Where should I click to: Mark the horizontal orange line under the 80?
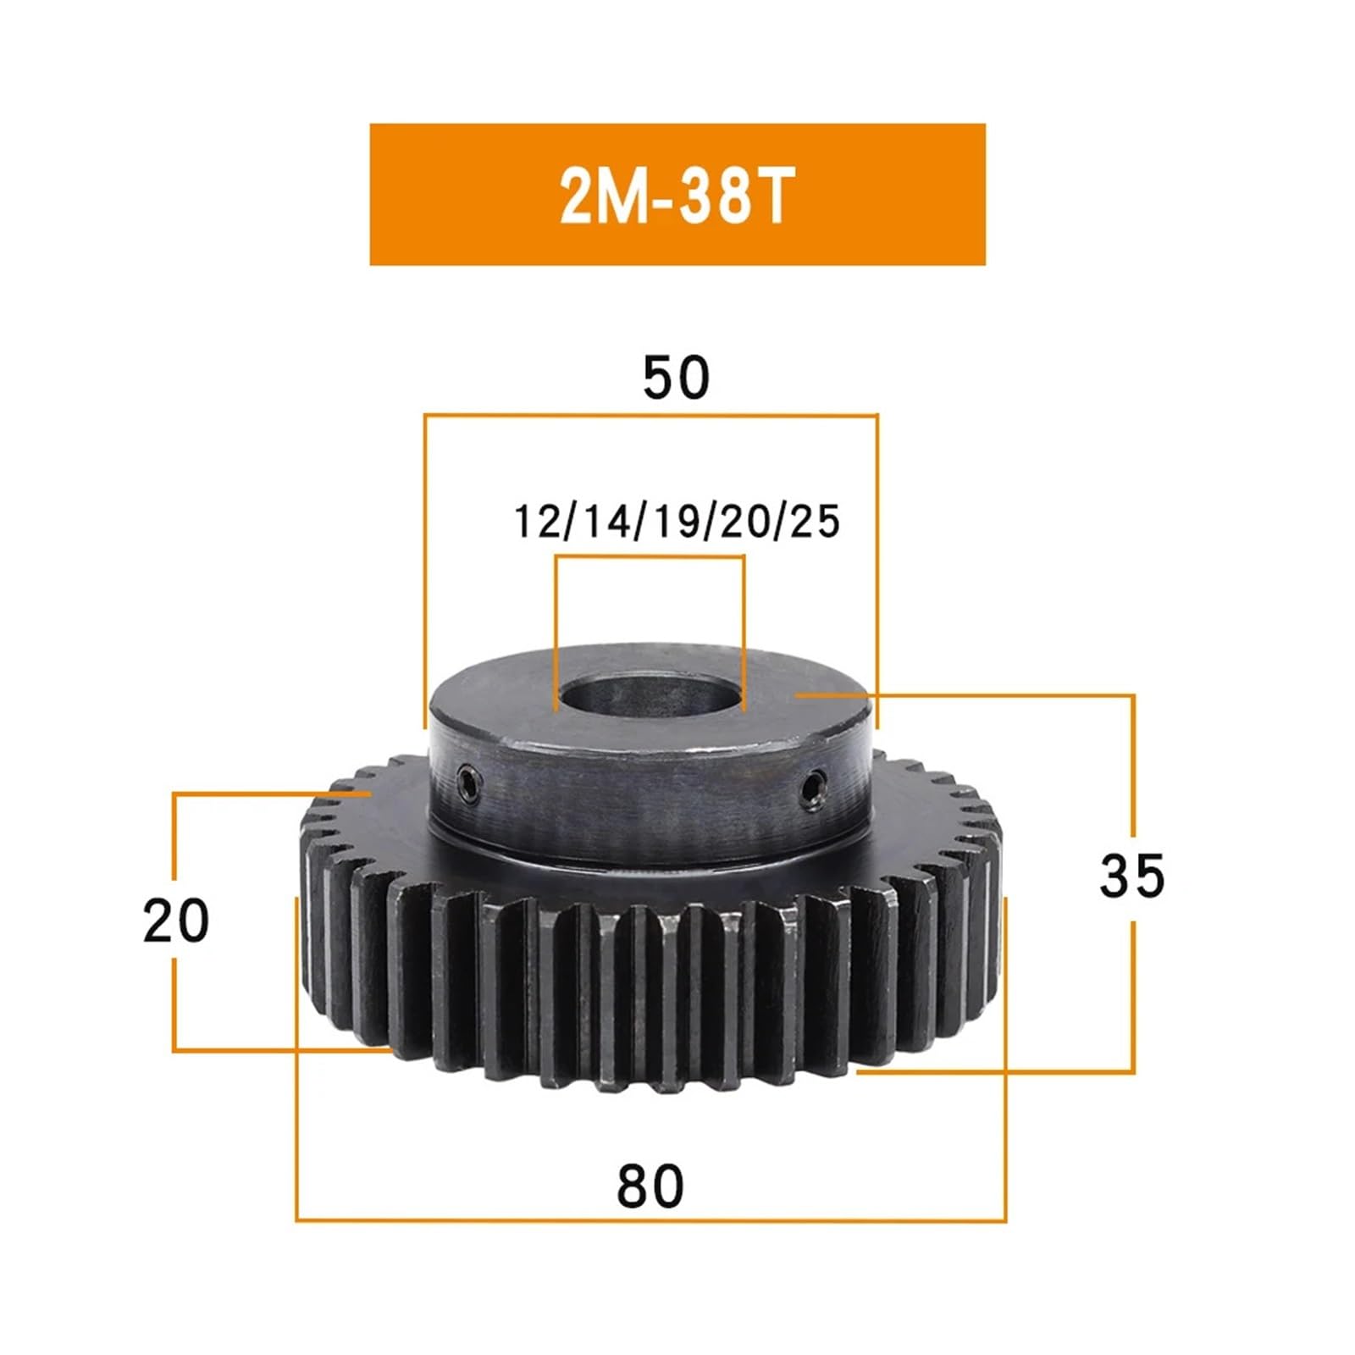[x=650, y=1220]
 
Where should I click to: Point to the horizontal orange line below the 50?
[x=650, y=415]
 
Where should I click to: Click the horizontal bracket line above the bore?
[x=649, y=556]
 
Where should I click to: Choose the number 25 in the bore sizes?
[x=815, y=521]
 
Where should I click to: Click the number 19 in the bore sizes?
[x=675, y=521]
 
